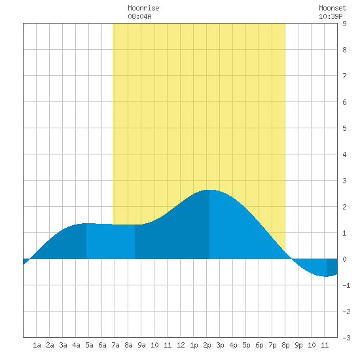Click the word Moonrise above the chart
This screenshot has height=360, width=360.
(143, 8)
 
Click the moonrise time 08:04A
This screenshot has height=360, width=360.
(139, 16)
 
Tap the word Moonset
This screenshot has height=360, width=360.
(333, 8)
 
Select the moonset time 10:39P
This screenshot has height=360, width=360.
(331, 16)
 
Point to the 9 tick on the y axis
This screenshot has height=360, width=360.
(344, 24)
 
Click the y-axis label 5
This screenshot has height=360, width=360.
(344, 128)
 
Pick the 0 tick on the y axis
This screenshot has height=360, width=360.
(344, 259)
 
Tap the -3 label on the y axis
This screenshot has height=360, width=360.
(346, 338)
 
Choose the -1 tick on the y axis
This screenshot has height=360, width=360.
(346, 285)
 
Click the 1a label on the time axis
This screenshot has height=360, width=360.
(37, 345)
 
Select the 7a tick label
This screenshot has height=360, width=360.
(115, 345)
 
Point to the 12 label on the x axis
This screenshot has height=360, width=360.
(181, 345)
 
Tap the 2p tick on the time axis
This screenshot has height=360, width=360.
(207, 345)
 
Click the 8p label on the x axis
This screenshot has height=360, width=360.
(285, 345)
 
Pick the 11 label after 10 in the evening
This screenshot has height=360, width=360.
(325, 345)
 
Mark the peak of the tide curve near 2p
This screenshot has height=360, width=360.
(209, 190)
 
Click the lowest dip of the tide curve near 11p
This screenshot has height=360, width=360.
(326, 276)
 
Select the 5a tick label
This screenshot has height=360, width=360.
(89, 345)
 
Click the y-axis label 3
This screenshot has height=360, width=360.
(344, 181)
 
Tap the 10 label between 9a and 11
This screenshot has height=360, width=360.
(154, 345)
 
